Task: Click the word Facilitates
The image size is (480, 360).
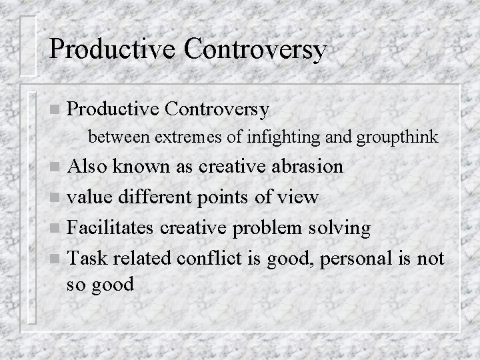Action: (x=117, y=227)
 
